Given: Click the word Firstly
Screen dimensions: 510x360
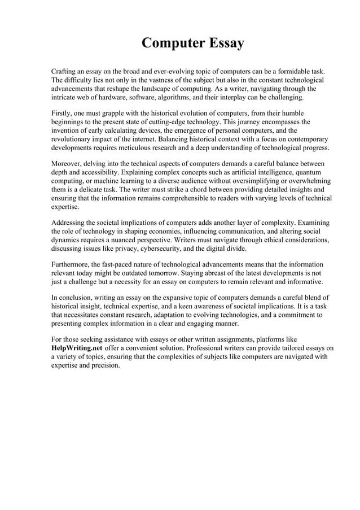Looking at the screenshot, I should point(63,113).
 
